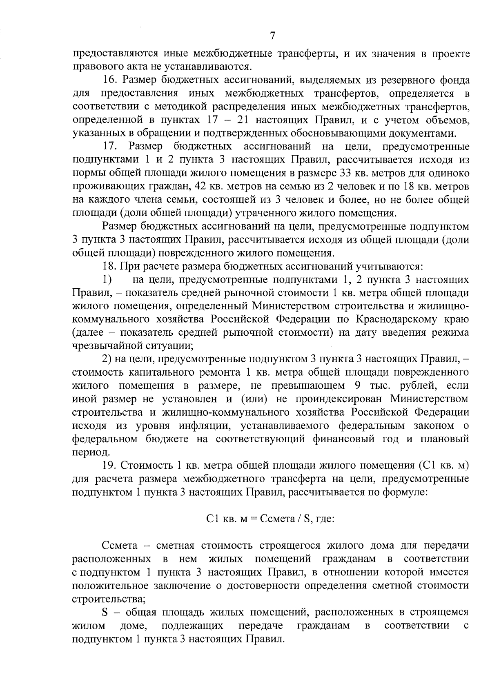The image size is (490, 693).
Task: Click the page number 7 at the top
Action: [x=272, y=36]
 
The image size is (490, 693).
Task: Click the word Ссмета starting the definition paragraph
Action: [x=118, y=546]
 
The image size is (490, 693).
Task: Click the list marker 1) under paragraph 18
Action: [x=107, y=280]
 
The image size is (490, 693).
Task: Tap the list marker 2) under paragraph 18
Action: [x=107, y=359]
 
